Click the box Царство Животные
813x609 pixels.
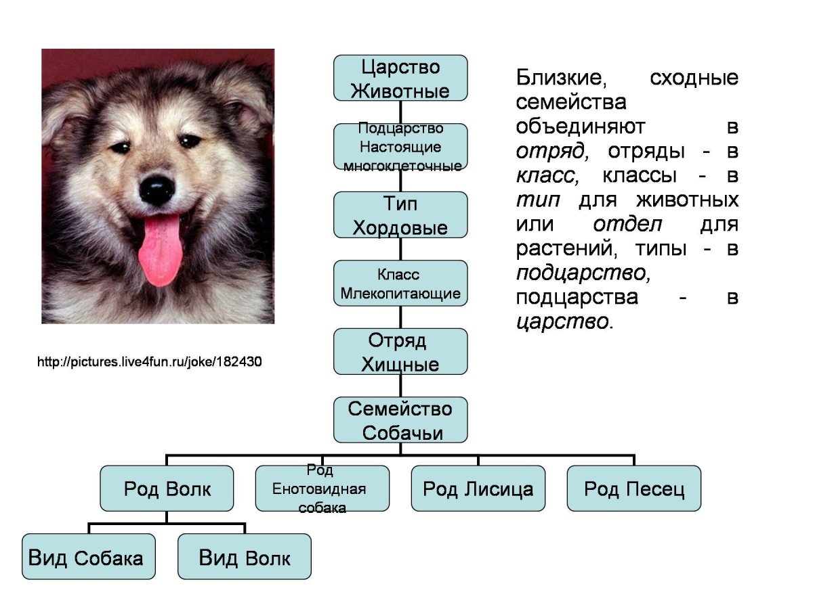click(400, 78)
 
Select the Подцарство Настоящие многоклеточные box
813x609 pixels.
click(400, 147)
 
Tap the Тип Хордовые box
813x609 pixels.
click(400, 215)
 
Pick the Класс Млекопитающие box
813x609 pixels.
click(400, 284)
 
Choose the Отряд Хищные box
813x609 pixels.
click(400, 352)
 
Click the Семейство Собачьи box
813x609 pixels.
click(400, 420)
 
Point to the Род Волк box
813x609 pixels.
click(167, 489)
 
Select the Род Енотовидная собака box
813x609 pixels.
click(322, 489)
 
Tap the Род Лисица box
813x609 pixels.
click(478, 489)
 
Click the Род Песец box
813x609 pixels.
click(634, 489)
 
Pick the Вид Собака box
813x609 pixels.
click(89, 557)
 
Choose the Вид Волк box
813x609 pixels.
click(245, 557)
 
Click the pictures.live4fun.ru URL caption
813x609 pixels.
click(149, 363)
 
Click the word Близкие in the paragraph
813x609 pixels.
click(560, 78)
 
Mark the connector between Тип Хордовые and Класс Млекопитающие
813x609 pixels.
click(400, 249)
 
